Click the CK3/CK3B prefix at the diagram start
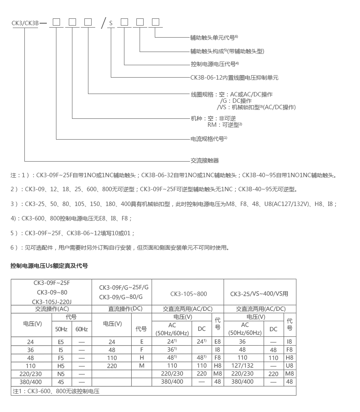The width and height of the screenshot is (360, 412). (x=25, y=23)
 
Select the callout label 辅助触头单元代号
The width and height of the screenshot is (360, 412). (x=214, y=38)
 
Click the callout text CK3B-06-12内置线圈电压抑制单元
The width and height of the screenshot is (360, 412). (x=234, y=78)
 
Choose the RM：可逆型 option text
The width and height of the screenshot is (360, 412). (x=224, y=125)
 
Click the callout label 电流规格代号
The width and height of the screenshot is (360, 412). (x=208, y=139)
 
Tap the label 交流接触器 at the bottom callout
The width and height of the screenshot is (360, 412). (x=204, y=160)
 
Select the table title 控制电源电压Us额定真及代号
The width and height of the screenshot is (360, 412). (x=49, y=265)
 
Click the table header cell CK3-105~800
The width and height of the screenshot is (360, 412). (x=188, y=294)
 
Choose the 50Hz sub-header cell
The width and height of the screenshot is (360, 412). (x=61, y=329)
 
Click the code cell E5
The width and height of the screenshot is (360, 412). (x=61, y=342)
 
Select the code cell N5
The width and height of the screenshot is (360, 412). (x=61, y=374)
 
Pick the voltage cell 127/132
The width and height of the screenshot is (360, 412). (x=242, y=366)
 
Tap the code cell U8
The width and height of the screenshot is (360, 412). (x=290, y=366)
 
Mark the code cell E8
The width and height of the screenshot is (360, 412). (x=218, y=342)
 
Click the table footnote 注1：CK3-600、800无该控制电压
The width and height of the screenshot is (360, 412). (x=56, y=391)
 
